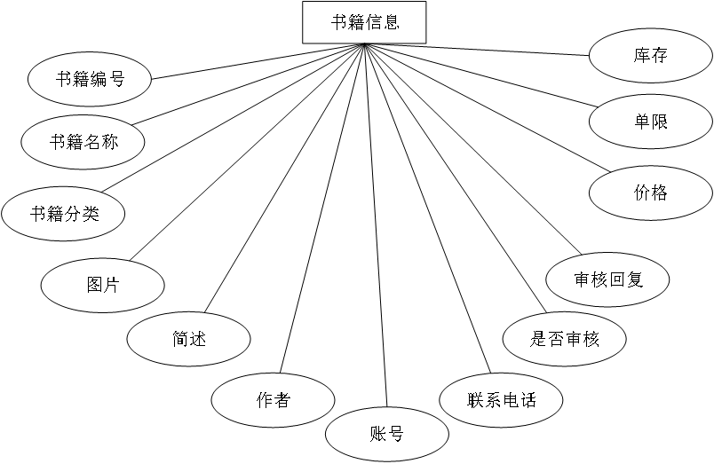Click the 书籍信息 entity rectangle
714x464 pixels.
[x=364, y=22]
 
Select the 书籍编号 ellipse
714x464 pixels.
[x=90, y=80]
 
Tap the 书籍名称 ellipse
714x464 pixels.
[x=83, y=142]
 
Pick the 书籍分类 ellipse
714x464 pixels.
[x=64, y=214]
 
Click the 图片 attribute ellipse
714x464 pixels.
[x=103, y=285]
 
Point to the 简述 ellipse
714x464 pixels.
[x=188, y=339]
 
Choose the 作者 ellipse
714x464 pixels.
[x=273, y=400]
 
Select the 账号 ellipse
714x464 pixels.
[x=386, y=435]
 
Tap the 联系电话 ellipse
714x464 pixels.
[x=501, y=400]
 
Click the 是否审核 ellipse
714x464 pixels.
[x=564, y=339]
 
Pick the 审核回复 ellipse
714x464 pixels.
[x=607, y=280]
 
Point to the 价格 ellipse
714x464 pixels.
[x=650, y=193]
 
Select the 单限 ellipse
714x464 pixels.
[x=650, y=122]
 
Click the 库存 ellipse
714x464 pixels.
[x=650, y=56]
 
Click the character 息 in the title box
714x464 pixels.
[x=392, y=22]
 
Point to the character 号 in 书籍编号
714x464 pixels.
[x=116, y=80]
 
